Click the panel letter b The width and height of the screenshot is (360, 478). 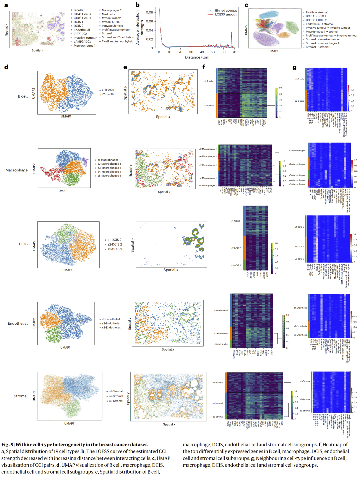click(137, 5)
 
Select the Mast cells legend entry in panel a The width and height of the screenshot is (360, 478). click(108, 14)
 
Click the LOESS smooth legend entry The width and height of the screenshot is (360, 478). click(225, 15)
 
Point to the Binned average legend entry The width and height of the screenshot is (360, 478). click(226, 11)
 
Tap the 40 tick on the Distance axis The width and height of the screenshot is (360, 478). click(202, 52)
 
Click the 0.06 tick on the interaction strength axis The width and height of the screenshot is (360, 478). click(149, 21)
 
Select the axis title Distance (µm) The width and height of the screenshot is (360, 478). click(197, 57)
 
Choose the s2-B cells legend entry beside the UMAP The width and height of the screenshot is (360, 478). click(108, 94)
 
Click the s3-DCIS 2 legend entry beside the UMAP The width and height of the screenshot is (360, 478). click(114, 249)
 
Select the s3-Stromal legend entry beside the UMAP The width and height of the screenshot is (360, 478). click(116, 401)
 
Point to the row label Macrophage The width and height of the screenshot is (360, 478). click(17, 170)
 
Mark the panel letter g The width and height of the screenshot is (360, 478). click(294, 67)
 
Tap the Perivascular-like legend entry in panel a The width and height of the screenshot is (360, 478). click(112, 26)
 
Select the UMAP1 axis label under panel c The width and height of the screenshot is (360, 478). click(273, 51)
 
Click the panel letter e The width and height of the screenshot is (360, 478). click(125, 67)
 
